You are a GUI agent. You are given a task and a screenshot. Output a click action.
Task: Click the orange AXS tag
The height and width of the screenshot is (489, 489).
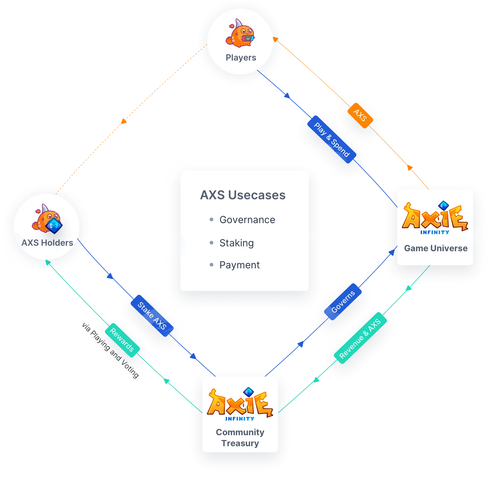pos(360,116)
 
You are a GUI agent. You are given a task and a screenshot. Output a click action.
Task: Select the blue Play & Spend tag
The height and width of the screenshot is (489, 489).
pos(332,139)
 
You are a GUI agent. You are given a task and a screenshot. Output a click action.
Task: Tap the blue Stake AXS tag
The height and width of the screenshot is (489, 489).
pos(152,316)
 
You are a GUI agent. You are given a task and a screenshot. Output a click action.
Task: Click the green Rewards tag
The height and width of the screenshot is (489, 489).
pos(122,340)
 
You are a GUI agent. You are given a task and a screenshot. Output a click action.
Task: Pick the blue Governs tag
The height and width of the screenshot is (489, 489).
pos(343,302)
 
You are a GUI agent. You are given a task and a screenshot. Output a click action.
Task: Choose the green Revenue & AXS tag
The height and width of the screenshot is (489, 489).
pos(360,338)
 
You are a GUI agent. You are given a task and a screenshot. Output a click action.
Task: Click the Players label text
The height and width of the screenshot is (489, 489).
pos(241,58)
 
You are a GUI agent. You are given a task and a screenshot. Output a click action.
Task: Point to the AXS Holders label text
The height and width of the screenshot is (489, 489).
pos(47,243)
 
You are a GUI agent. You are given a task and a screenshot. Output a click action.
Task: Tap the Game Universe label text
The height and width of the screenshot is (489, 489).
pos(436,248)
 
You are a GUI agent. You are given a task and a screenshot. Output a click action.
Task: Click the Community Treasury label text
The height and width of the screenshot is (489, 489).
pos(240,438)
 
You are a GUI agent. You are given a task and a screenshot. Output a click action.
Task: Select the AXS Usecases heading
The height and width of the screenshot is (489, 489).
pos(243,195)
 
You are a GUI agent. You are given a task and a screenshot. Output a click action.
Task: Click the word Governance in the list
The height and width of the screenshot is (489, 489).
pos(247,220)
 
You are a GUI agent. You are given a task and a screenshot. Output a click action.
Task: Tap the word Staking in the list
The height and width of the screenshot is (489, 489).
pos(237,243)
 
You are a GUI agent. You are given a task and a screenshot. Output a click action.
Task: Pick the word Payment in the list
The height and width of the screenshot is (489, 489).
pos(240,265)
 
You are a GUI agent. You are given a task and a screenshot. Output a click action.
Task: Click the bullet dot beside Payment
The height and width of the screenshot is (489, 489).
pos(211,265)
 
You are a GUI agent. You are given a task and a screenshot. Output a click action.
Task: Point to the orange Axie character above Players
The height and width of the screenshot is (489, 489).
pos(240,33)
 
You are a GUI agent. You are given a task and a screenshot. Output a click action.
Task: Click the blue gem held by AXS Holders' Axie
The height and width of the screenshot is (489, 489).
pos(54,226)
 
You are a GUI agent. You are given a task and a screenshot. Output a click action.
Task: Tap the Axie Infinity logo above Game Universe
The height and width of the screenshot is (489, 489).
pos(435,218)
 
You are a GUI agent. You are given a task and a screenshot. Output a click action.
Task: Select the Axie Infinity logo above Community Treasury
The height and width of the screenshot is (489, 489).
pos(240,404)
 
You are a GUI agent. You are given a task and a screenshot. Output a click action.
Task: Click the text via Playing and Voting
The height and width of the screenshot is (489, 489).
pos(110,350)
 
